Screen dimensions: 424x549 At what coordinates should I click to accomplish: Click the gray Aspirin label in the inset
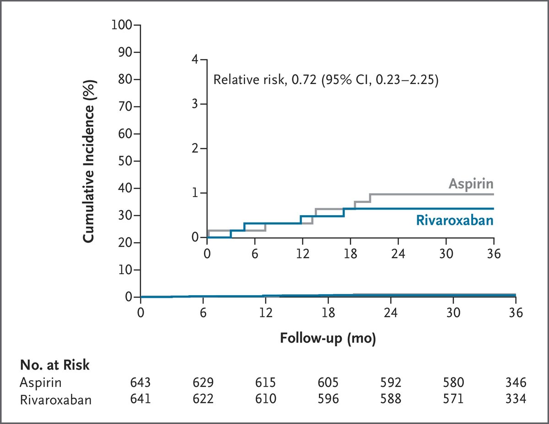tap(471, 184)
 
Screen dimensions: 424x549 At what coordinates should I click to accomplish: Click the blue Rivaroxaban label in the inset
tap(454, 221)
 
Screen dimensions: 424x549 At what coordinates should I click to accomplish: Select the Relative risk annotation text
tap(326, 81)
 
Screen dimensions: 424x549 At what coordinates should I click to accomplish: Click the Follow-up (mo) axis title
tap(328, 339)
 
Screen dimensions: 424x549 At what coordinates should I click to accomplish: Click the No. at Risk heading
tap(54, 365)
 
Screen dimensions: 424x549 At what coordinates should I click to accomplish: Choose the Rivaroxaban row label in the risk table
tap(55, 400)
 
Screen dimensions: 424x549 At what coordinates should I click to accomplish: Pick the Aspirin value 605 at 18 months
tap(328, 382)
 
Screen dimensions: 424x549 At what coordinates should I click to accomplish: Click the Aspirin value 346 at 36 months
tap(516, 382)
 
